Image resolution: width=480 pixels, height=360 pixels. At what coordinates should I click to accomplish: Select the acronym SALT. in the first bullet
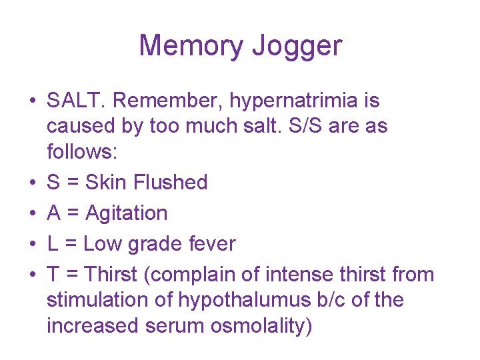point(78,101)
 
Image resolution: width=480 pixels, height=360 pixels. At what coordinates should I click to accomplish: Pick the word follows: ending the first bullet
point(82,152)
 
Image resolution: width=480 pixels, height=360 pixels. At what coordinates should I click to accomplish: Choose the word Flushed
point(175,183)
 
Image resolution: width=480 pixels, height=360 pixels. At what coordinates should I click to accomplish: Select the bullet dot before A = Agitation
point(31,214)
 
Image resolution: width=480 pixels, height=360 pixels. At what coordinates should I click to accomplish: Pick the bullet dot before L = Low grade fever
point(31,245)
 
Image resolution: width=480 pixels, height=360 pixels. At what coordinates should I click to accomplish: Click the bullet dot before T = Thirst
point(31,275)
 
